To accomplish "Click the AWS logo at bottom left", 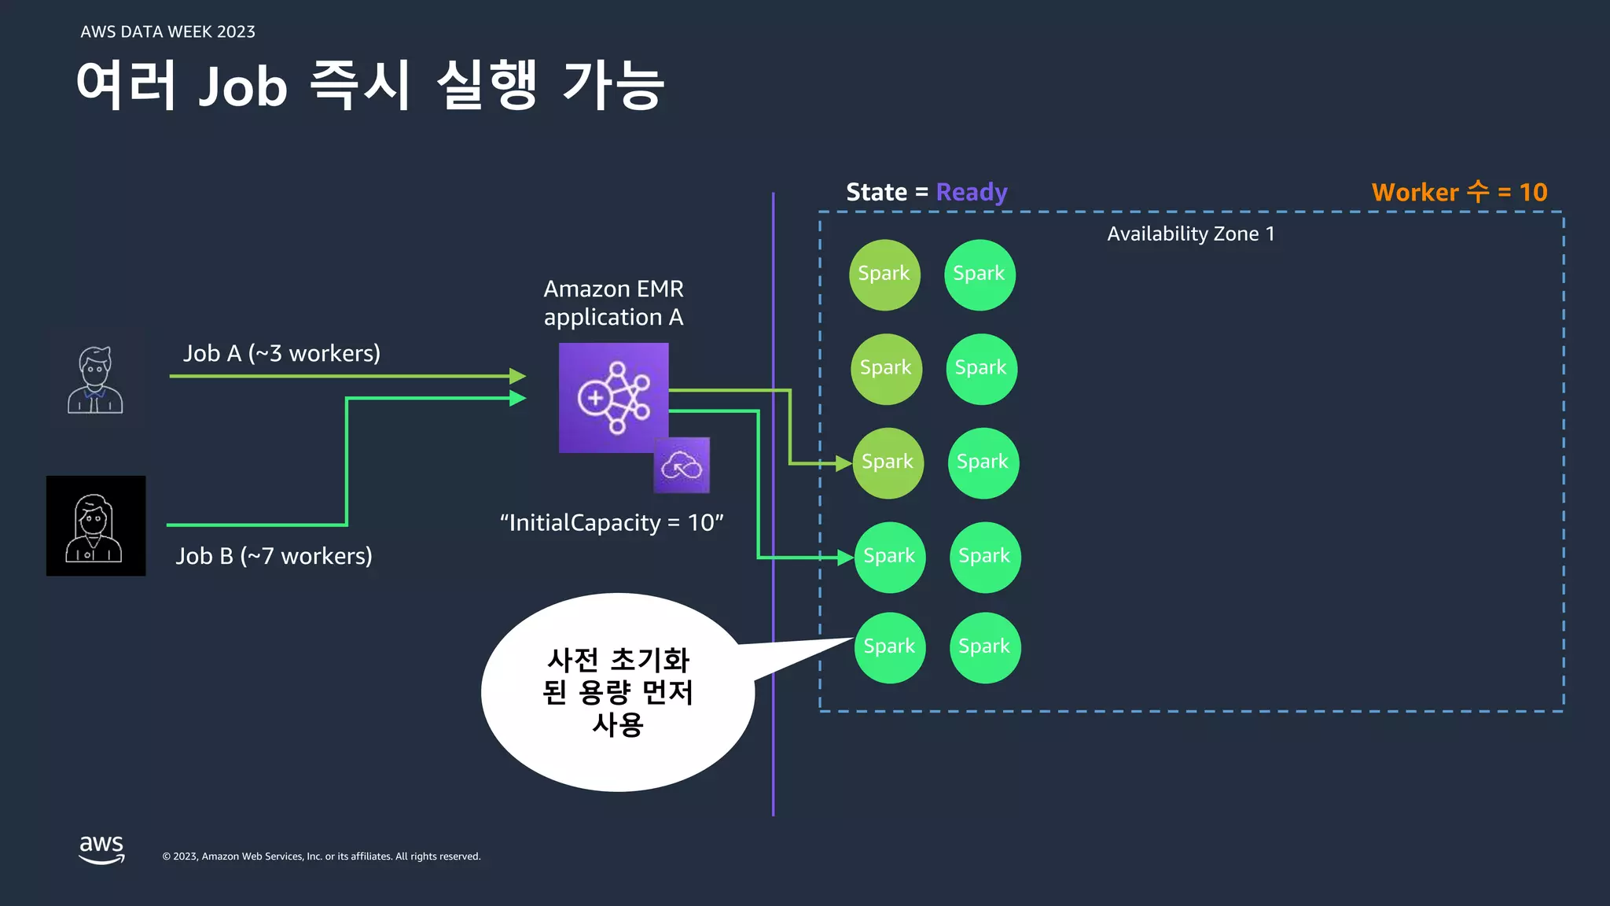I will (x=101, y=849).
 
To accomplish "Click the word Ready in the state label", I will (x=972, y=192).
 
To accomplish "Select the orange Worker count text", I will (x=1459, y=192).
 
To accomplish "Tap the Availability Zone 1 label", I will (x=1190, y=234).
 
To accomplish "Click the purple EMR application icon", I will (x=613, y=397).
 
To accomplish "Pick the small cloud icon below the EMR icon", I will (x=682, y=466).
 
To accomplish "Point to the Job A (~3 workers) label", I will (x=281, y=353).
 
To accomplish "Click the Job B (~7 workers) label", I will (x=274, y=556).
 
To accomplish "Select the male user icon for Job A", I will (x=95, y=380).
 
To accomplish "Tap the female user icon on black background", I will (x=96, y=526).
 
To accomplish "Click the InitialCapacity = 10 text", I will (x=612, y=523).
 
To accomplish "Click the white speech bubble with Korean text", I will (x=618, y=692).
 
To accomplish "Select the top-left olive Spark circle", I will (x=884, y=274).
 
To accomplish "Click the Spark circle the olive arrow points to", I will (x=888, y=462).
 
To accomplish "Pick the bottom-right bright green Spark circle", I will (x=984, y=647).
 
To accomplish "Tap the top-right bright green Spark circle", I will (x=980, y=274).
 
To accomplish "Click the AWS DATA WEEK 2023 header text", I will (x=167, y=32).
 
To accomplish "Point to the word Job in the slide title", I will (x=243, y=86).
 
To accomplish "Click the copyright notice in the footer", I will (x=321, y=856).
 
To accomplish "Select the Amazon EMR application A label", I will (x=613, y=303).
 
